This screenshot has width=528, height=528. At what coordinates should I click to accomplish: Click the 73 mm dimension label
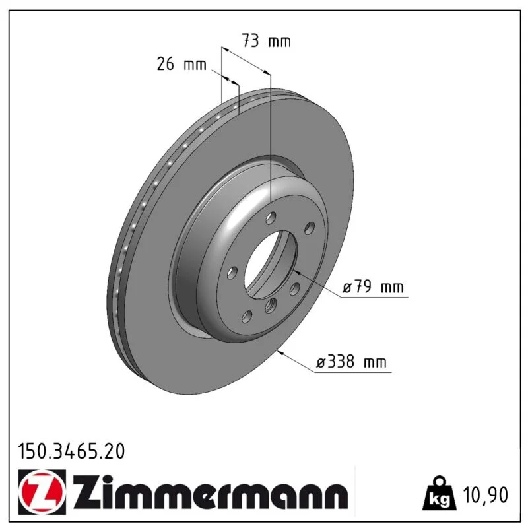(x=266, y=41)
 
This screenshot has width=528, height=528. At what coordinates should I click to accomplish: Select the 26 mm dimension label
(x=181, y=64)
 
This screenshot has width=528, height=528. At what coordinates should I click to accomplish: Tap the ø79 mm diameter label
(x=373, y=287)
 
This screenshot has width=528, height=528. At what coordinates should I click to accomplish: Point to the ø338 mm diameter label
(x=351, y=362)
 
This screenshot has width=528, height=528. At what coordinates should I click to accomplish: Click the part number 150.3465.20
(x=71, y=451)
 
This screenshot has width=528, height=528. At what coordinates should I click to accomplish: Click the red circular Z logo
(x=42, y=492)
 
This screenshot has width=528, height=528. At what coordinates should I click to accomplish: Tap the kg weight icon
(x=440, y=493)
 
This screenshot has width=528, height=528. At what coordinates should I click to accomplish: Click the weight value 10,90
(x=486, y=495)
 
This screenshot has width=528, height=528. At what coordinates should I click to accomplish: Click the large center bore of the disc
(x=271, y=265)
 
